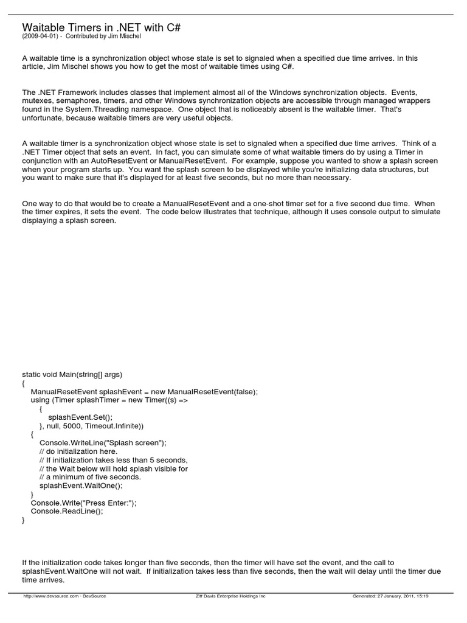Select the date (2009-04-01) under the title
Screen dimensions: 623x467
[x=40, y=37]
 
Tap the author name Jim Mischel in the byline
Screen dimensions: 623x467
[x=125, y=37]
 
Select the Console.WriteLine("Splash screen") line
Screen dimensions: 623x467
[x=102, y=443]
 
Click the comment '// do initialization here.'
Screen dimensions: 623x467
[x=78, y=452]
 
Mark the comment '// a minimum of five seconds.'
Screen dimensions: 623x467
[x=90, y=478]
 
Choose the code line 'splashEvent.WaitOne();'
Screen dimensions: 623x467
[x=80, y=486]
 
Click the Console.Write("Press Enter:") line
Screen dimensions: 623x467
[x=83, y=503]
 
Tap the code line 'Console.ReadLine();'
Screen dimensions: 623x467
[x=67, y=512]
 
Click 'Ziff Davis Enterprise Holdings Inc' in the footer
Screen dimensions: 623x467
[x=227, y=596]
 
